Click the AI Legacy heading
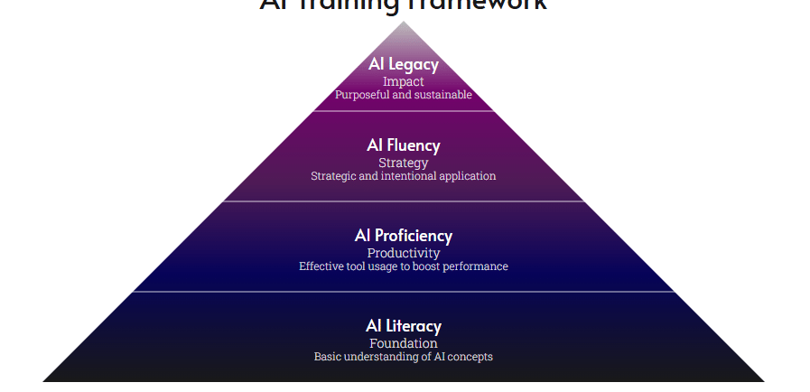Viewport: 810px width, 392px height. (404, 64)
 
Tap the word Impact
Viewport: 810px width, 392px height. (404, 81)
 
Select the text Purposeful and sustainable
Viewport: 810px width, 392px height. (404, 95)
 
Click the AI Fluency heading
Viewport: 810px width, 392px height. (404, 145)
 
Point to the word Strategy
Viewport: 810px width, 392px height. (404, 163)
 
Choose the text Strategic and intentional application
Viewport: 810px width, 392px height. (404, 176)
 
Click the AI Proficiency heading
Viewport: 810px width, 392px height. (404, 236)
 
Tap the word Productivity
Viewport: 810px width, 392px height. (404, 254)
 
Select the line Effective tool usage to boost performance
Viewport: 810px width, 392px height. (404, 266)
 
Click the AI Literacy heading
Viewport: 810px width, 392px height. (404, 326)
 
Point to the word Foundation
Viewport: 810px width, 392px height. (404, 343)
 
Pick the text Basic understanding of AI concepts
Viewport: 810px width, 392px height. (404, 357)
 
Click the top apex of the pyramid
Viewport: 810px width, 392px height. (404, 23)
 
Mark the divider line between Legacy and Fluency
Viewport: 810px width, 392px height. (404, 111)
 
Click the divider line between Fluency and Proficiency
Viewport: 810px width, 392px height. (404, 201)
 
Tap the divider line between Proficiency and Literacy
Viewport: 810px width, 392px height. (404, 292)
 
